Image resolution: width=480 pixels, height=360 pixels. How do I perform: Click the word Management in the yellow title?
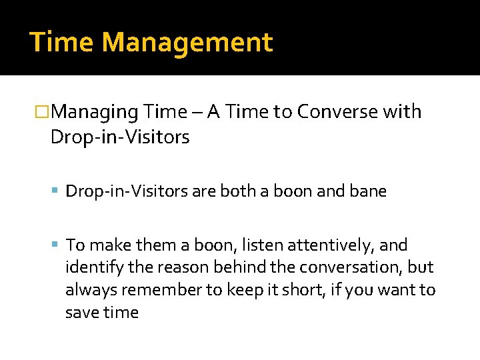click(x=187, y=43)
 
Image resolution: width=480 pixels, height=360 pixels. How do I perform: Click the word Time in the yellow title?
click(x=62, y=43)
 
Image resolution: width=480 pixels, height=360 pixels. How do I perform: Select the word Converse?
click(x=337, y=112)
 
